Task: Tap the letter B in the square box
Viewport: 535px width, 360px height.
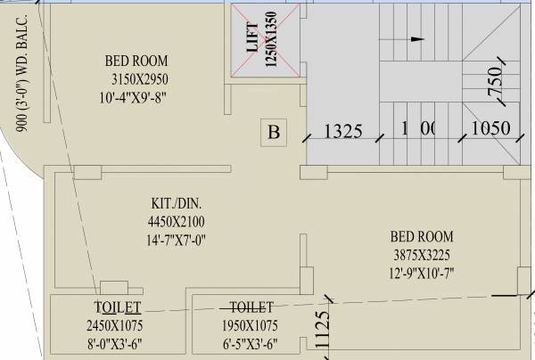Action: [275, 134]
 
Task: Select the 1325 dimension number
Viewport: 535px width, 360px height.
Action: [342, 131]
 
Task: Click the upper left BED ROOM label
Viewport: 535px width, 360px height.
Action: [136, 61]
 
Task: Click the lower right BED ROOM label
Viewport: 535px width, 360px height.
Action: [422, 237]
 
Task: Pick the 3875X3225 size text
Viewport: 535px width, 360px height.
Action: [422, 254]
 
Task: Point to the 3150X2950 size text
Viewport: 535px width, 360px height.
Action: [136, 78]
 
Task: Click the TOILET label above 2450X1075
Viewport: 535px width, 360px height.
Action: [115, 307]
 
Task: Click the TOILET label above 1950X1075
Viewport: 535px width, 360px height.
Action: [251, 307]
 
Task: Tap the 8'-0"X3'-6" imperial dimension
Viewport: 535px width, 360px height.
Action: [115, 342]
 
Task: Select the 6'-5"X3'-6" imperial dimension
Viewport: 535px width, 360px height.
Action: [251, 342]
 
